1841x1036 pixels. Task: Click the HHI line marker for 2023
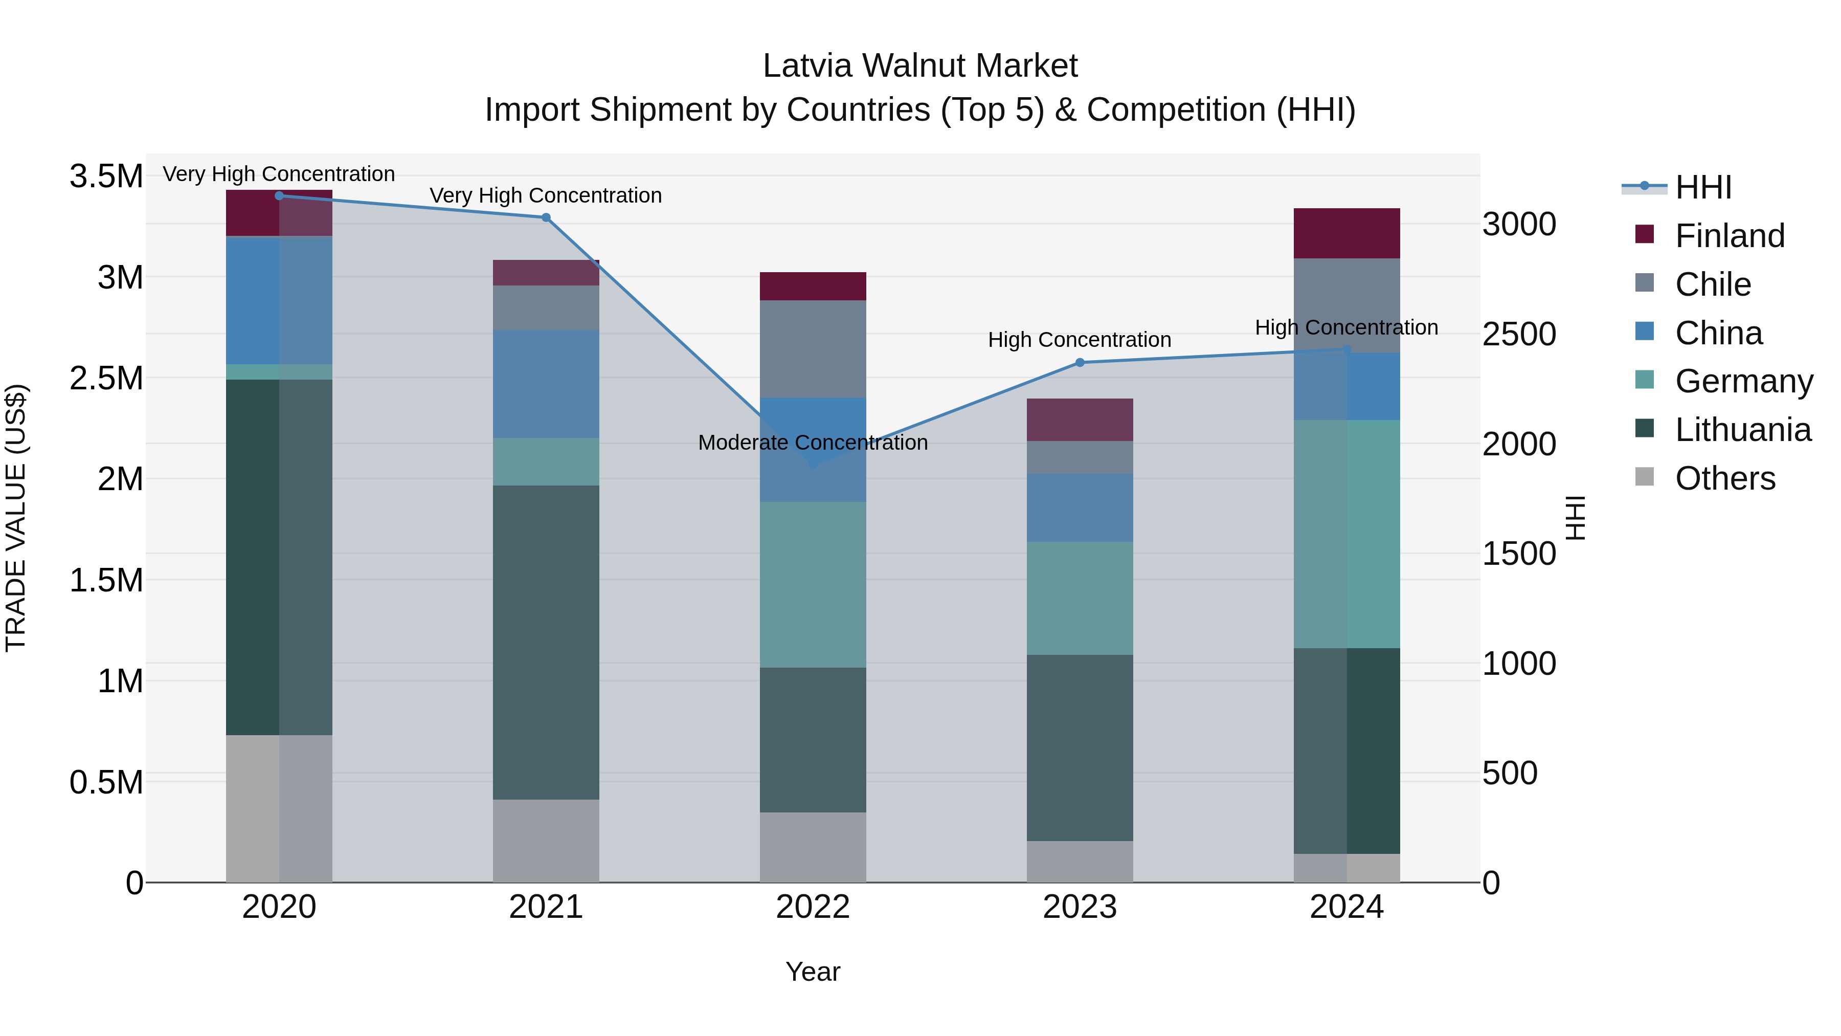[x=1080, y=363]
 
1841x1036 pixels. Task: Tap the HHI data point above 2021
[x=546, y=217]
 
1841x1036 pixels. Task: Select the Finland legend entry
[x=1730, y=236]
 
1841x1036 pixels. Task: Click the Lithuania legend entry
[x=1742, y=430]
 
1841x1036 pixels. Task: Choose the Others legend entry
[x=1724, y=478]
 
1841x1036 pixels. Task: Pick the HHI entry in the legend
[x=1702, y=187]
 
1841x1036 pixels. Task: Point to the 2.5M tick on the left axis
[x=106, y=378]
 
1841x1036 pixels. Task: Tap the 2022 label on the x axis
[x=813, y=907]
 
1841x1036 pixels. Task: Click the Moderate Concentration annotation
[x=813, y=443]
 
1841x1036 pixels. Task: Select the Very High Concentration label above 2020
[x=279, y=174]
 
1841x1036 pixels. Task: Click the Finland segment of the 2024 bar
[x=1346, y=233]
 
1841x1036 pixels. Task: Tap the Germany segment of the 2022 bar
[x=813, y=584]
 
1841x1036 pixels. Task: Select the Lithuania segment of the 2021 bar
[x=546, y=642]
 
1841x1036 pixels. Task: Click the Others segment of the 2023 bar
[x=1080, y=861]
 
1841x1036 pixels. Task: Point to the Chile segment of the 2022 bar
[x=813, y=348]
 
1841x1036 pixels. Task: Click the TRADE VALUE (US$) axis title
[x=16, y=518]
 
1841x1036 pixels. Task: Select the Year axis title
[x=813, y=972]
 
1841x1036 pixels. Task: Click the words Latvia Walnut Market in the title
[x=920, y=66]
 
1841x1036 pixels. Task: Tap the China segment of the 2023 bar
[x=1080, y=507]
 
